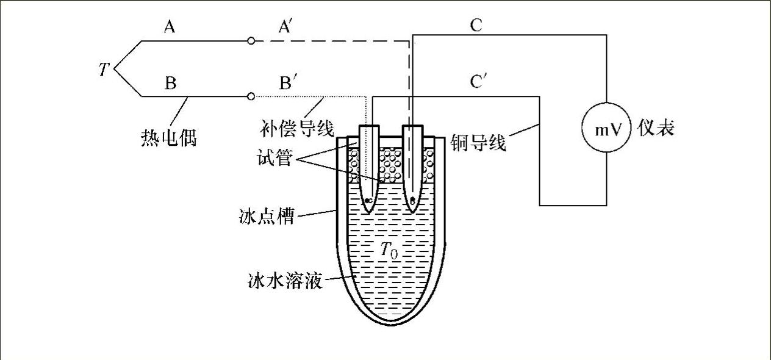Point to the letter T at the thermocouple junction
[x=103, y=70]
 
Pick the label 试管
[x=276, y=160]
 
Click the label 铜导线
[x=479, y=143]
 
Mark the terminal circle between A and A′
[x=251, y=41]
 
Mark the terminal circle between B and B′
[x=251, y=96]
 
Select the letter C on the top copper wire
[x=476, y=25]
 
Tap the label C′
[x=478, y=82]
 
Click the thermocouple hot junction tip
[x=115, y=68]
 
